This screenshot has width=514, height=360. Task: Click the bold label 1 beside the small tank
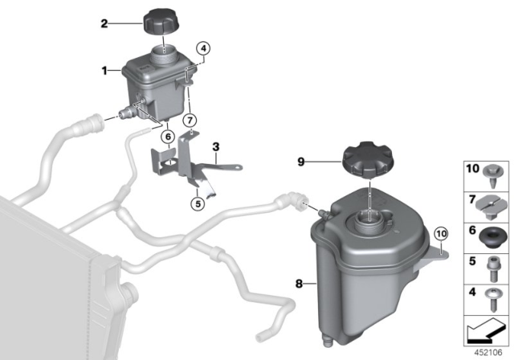(x=104, y=71)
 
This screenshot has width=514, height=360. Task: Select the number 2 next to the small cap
(x=104, y=24)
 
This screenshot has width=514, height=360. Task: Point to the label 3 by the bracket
(x=215, y=146)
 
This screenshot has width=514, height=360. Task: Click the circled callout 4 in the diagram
(x=204, y=47)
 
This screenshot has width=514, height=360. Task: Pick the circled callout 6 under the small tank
(x=167, y=137)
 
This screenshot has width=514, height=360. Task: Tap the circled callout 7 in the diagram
(x=190, y=121)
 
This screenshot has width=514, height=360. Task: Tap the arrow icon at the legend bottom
(x=484, y=330)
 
